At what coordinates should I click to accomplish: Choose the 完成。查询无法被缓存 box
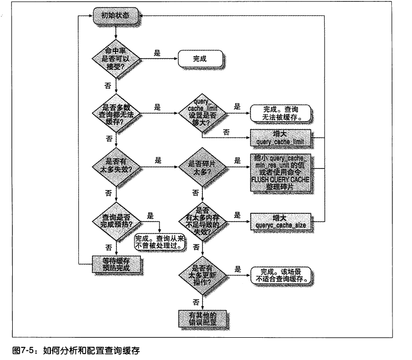point(279,112)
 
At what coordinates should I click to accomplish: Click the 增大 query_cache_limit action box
point(279,138)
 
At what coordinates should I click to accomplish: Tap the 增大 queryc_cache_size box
point(279,221)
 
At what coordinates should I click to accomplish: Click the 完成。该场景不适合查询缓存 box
point(279,273)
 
